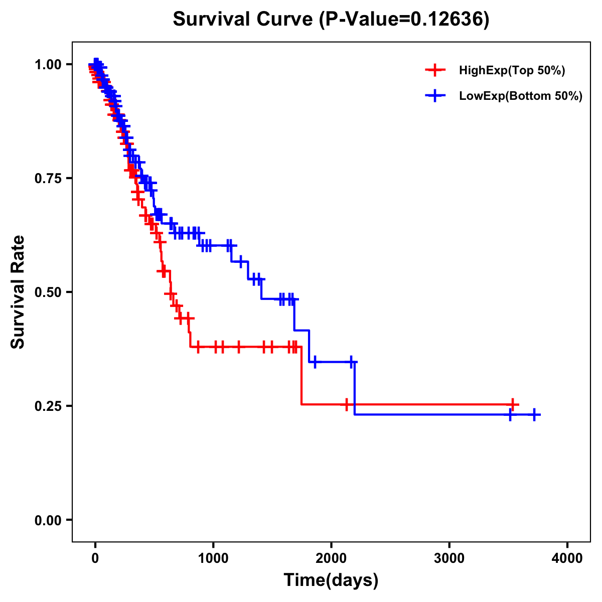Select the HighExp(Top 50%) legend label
[512, 71]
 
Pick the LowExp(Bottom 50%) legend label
[521, 96]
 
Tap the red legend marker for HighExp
[435, 70]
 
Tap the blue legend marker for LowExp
[435, 96]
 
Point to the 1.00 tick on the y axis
[48, 65]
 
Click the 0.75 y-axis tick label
[48, 179]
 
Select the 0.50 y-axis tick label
[48, 292]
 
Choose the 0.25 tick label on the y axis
[48, 406]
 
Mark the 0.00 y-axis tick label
[48, 520]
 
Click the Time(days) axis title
[331, 580]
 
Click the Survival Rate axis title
[18, 291]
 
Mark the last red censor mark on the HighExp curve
[512, 404]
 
